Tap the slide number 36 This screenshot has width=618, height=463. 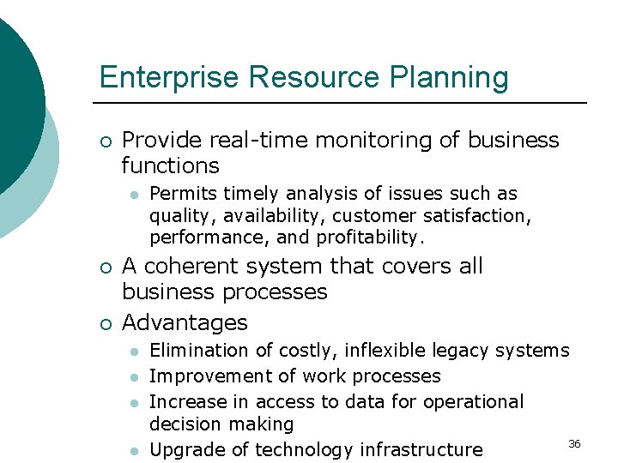(x=574, y=443)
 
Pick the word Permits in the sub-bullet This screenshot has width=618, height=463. (x=179, y=194)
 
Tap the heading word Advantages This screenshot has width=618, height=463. (x=185, y=322)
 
